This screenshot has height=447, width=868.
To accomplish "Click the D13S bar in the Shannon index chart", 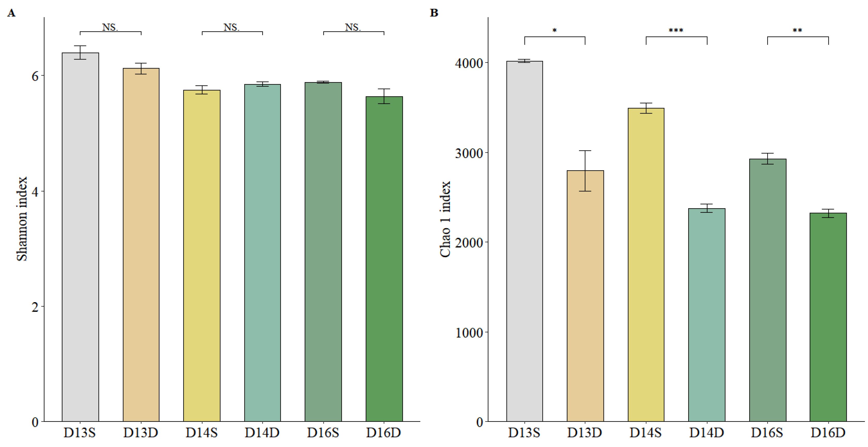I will (x=80, y=236).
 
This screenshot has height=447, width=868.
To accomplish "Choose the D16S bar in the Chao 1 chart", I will (x=768, y=290).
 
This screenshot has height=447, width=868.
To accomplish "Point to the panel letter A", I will (x=11, y=13).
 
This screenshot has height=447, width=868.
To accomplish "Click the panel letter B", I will (x=434, y=13).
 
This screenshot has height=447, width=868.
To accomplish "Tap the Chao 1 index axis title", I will (x=445, y=219).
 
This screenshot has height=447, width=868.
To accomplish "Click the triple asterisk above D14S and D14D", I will (x=676, y=30).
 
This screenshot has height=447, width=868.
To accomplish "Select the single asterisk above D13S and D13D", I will (x=555, y=30).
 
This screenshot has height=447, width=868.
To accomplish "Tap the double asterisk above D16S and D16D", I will (x=797, y=30).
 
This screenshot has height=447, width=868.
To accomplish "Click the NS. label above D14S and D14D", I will (x=231, y=27).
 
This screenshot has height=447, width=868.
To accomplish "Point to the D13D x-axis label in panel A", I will (x=141, y=433).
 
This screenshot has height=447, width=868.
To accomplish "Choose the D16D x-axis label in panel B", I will (x=828, y=433).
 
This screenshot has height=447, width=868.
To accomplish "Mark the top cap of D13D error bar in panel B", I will (x=585, y=151).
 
